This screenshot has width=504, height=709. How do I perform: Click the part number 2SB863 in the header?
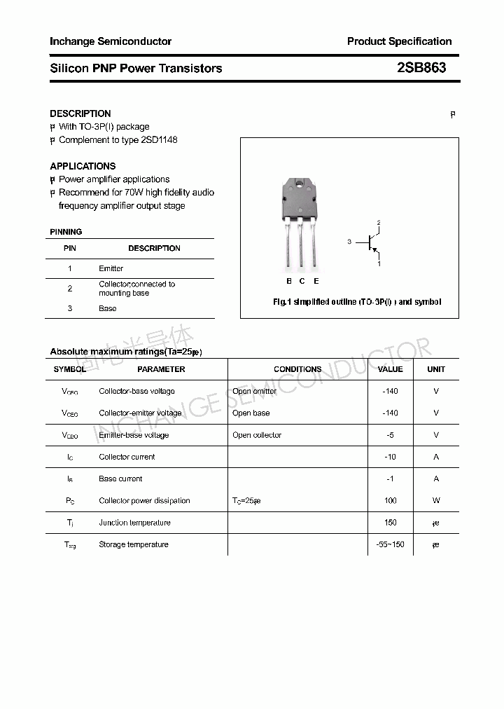click(421, 68)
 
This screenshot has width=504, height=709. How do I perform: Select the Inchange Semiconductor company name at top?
click(111, 41)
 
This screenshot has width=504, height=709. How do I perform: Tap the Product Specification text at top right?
click(399, 41)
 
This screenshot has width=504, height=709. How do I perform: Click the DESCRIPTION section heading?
click(80, 113)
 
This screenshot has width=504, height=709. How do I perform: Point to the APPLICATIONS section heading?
click(83, 166)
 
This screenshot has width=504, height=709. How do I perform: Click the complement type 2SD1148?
click(158, 139)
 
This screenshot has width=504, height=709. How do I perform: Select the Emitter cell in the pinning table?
click(111, 268)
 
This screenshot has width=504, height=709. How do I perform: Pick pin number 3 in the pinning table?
click(70, 308)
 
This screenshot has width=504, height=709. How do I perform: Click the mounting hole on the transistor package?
click(300, 186)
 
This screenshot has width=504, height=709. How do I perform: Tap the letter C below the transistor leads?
click(302, 281)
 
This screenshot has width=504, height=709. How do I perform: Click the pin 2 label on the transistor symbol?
click(379, 223)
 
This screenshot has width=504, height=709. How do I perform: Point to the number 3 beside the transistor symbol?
click(349, 242)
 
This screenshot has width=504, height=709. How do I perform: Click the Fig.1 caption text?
click(356, 302)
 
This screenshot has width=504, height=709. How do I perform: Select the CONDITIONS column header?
click(297, 369)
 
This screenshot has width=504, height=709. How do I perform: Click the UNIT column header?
click(436, 369)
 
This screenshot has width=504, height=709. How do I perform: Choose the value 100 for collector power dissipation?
click(390, 500)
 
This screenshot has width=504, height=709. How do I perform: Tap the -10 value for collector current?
click(390, 457)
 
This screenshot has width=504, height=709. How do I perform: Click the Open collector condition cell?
click(257, 435)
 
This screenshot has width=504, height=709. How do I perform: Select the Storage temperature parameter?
click(134, 544)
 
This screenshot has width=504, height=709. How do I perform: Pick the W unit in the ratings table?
click(436, 500)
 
